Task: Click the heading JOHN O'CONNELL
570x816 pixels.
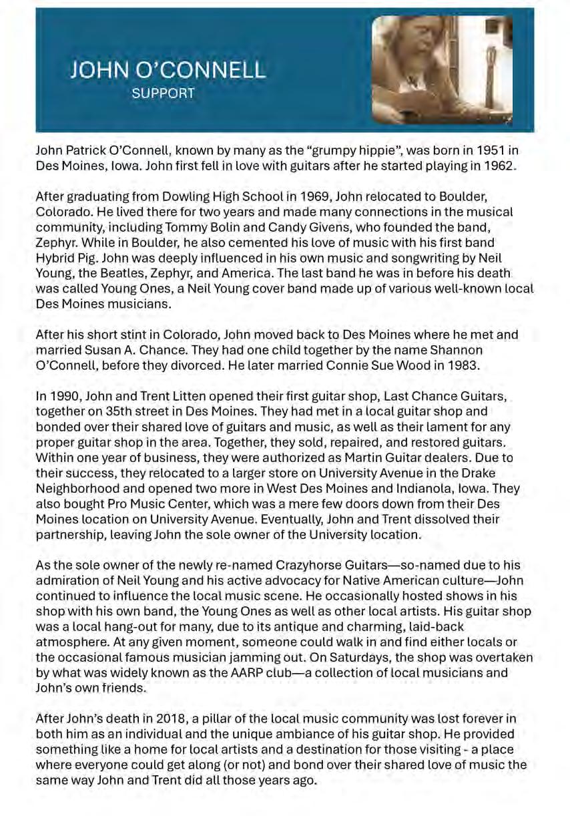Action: point(168,70)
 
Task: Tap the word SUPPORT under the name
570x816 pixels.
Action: point(164,93)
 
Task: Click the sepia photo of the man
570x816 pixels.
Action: point(443,70)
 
